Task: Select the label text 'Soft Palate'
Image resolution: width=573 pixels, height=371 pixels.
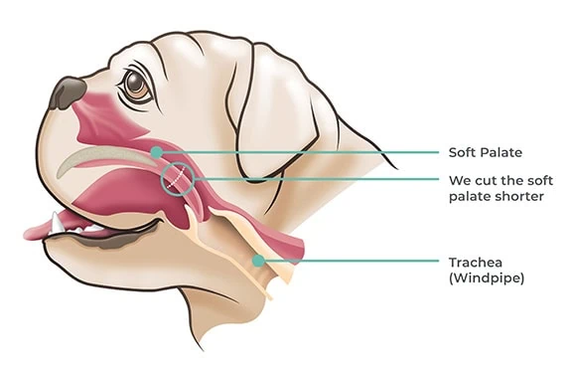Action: (484, 152)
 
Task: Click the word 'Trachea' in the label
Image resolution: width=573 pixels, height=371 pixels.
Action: (472, 262)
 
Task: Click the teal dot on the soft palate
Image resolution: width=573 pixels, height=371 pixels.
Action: (156, 151)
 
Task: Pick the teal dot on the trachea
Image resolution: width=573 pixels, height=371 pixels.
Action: (257, 261)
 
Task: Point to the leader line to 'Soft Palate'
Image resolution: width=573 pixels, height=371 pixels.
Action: (298, 152)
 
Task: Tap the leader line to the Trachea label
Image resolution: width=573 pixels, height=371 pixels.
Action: (348, 261)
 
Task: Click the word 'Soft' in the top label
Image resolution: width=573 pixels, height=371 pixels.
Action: (463, 152)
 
